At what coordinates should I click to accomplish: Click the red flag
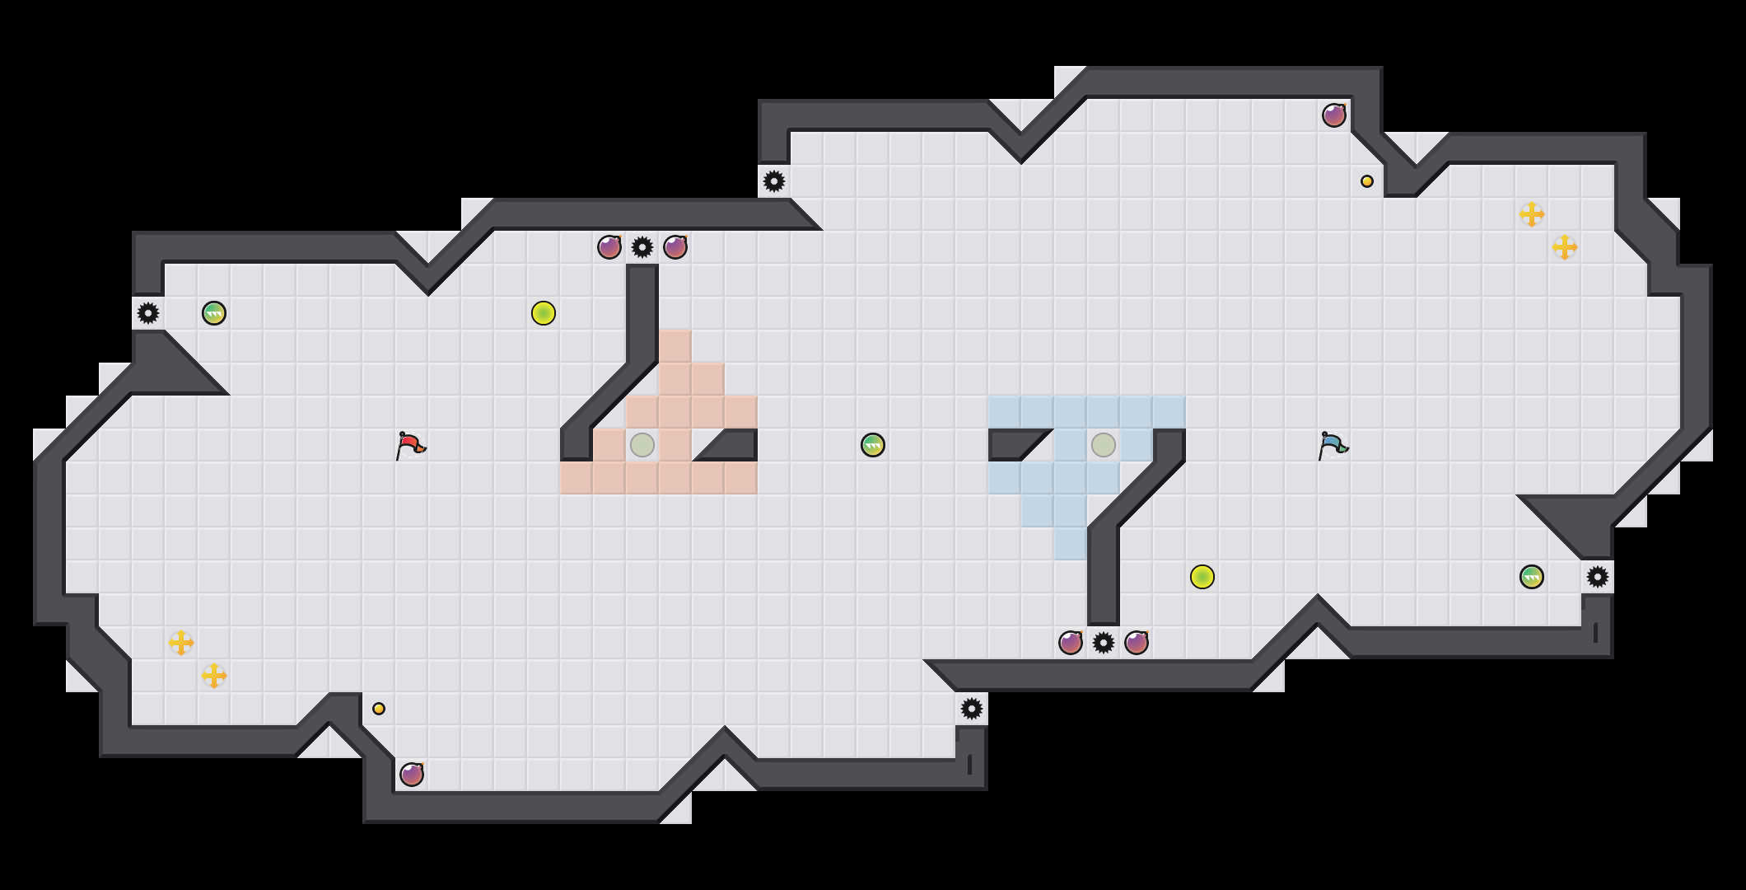click(410, 445)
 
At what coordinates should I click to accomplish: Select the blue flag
click(1333, 445)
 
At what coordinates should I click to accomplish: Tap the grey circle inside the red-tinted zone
click(642, 445)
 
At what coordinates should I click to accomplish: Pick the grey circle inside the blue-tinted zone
click(1104, 445)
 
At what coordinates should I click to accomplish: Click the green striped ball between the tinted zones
click(873, 445)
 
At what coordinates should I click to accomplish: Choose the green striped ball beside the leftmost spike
click(214, 313)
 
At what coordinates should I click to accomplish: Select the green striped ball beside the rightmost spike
click(1532, 577)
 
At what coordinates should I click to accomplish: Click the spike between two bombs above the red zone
click(642, 247)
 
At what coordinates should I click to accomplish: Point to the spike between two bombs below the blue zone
click(1104, 643)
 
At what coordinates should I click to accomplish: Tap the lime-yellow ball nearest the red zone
click(544, 313)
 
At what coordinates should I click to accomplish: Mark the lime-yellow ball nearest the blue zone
click(1202, 577)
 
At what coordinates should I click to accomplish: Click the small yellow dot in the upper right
click(1367, 181)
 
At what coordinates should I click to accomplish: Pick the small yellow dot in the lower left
click(379, 709)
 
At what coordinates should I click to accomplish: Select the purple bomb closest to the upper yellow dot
click(1334, 115)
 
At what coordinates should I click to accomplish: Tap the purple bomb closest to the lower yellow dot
click(412, 775)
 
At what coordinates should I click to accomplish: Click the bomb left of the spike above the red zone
click(609, 247)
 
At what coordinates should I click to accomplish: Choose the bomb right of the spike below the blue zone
click(1137, 643)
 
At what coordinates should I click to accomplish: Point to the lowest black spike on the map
click(972, 709)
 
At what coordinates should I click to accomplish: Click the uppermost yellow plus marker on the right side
click(1532, 214)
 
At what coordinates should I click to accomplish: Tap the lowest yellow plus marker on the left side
click(214, 676)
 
